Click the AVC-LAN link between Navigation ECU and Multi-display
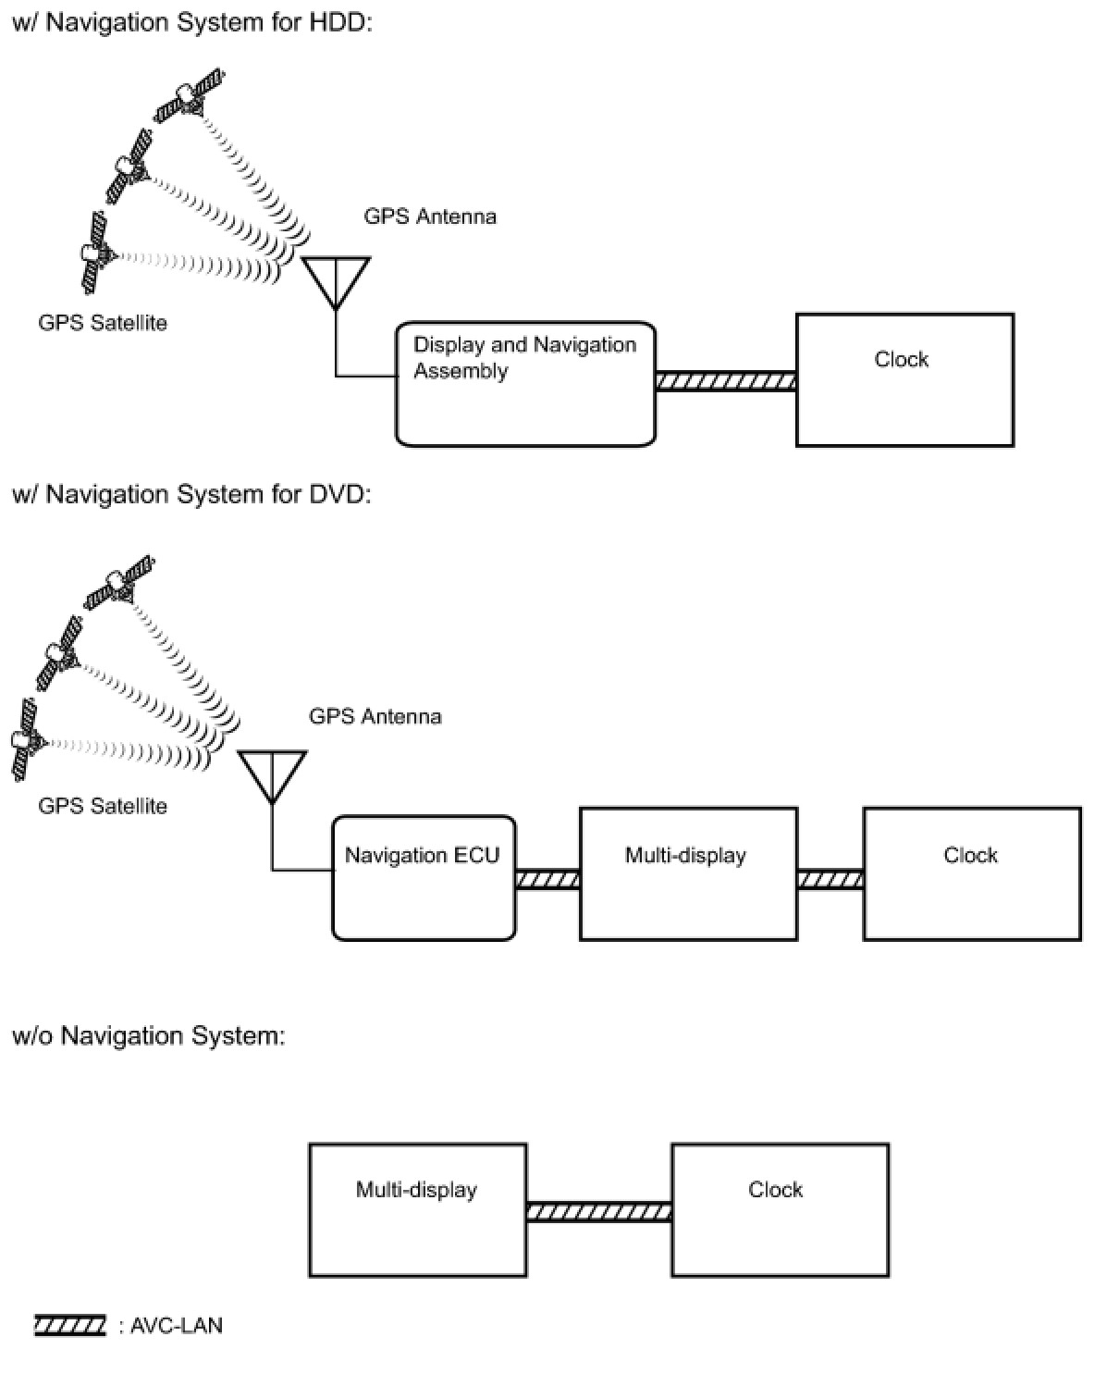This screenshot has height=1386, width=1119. click(547, 880)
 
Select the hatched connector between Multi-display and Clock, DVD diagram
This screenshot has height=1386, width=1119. click(830, 880)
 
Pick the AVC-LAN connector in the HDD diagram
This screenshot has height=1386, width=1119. click(726, 380)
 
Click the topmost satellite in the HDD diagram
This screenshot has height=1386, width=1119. click(189, 95)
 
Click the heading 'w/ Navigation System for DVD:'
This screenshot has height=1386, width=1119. click(191, 494)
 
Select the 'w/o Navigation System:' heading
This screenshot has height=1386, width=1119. click(149, 1035)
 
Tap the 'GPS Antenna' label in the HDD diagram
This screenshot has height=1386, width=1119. click(430, 217)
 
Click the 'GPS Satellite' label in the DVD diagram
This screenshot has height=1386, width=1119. click(103, 806)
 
